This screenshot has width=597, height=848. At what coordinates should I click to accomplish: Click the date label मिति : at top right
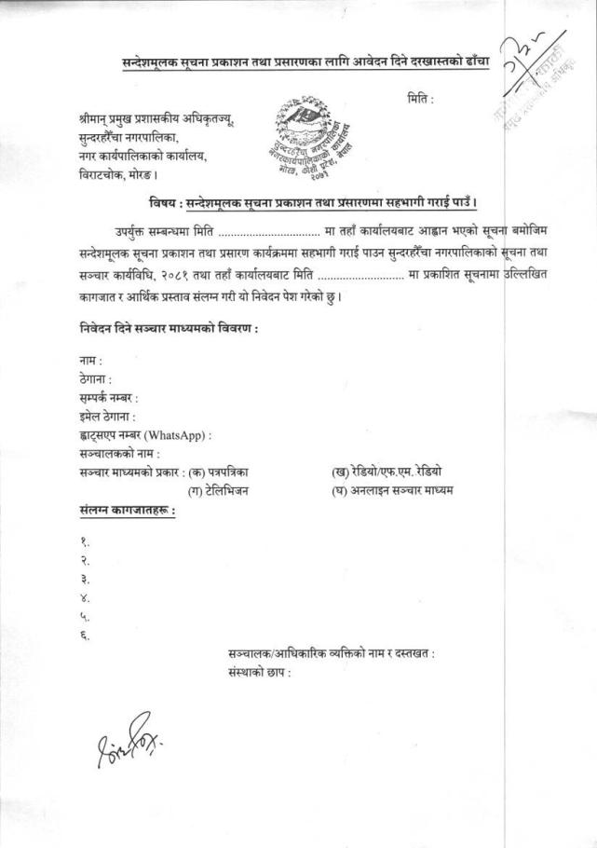click(420, 98)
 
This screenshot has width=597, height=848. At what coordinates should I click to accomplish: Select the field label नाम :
click(90, 360)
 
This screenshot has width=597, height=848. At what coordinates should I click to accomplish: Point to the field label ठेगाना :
click(95, 379)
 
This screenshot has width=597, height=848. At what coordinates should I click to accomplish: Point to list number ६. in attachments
click(84, 636)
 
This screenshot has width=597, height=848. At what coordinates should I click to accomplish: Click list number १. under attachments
click(84, 541)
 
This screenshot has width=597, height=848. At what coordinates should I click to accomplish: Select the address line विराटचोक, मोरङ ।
click(118, 173)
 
